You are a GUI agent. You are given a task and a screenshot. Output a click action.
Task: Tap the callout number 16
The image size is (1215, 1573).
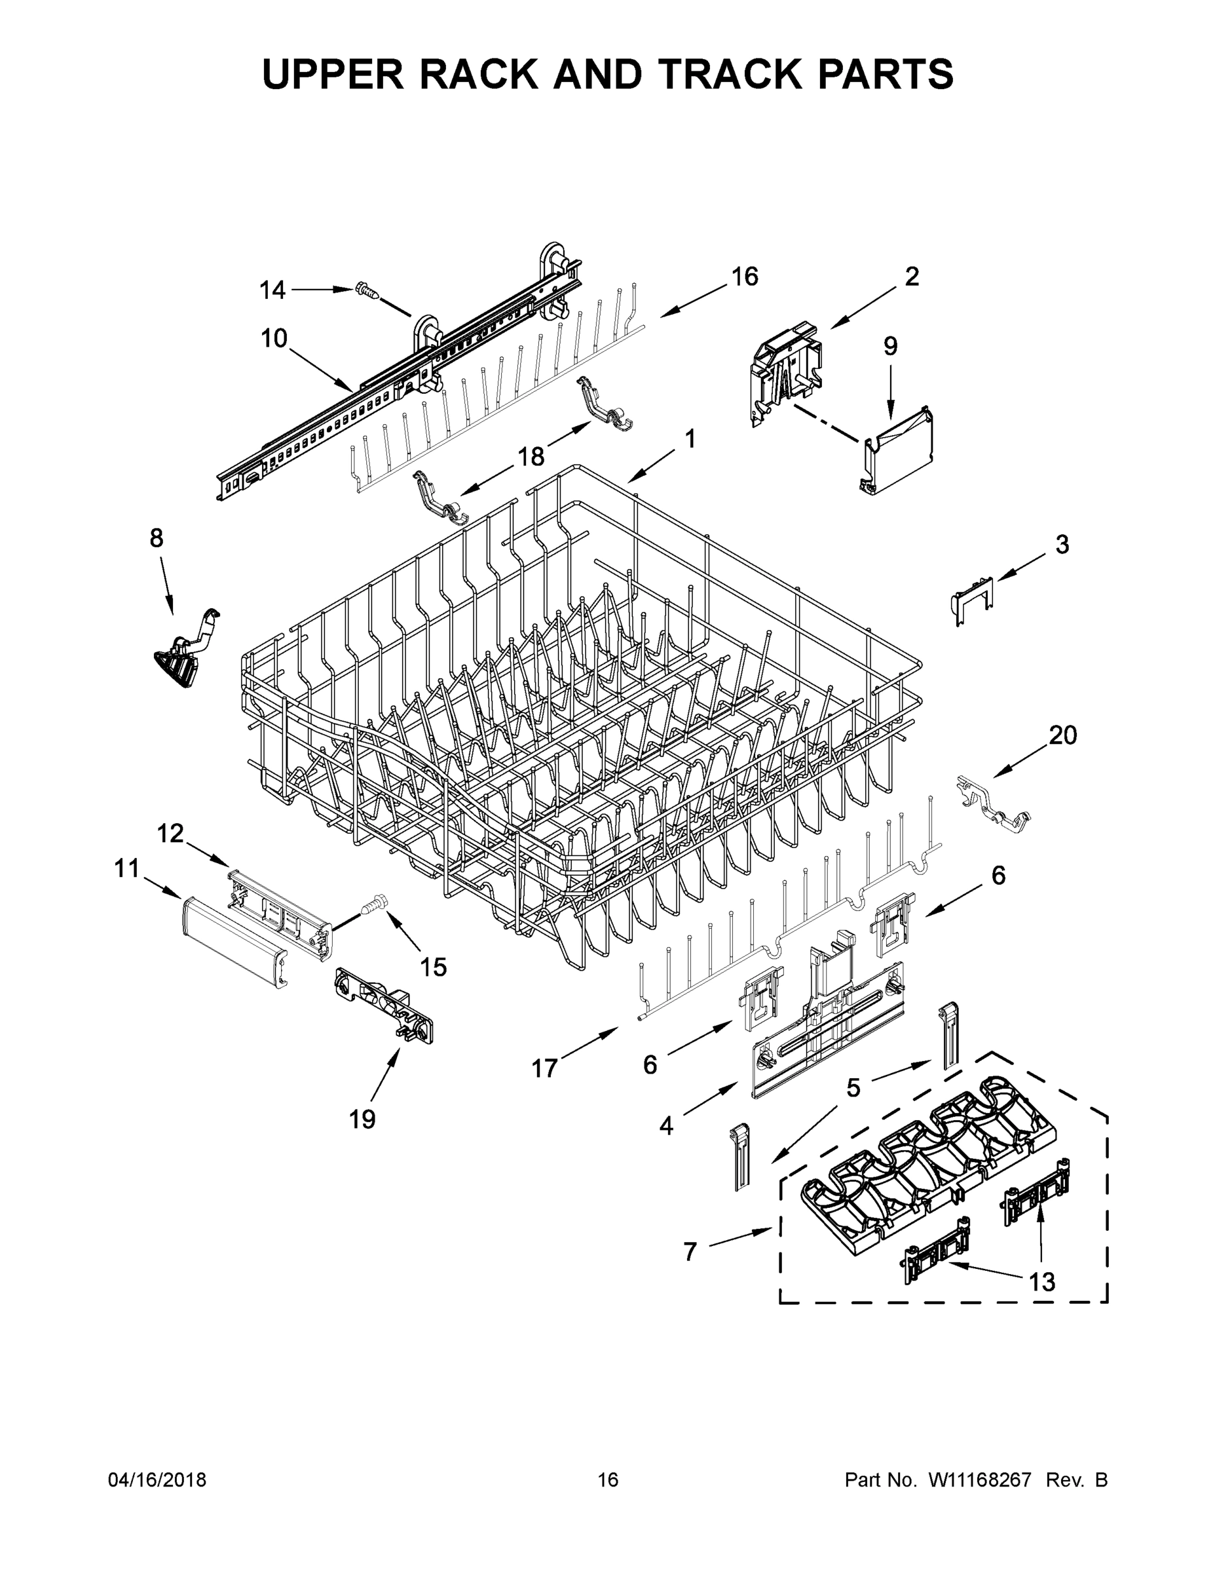point(744,277)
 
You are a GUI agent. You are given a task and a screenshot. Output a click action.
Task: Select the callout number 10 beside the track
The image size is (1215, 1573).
point(274,338)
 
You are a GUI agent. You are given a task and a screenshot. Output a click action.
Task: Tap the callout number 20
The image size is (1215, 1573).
point(1062,735)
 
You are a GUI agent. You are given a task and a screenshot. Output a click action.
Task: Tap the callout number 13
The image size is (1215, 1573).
point(1041,1281)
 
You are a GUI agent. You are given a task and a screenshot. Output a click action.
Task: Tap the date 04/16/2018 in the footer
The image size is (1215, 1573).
point(157,1479)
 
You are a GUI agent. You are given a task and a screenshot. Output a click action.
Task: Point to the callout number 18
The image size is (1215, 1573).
point(531,456)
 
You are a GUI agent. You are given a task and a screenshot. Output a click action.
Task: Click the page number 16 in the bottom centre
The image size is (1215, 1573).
point(608,1479)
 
